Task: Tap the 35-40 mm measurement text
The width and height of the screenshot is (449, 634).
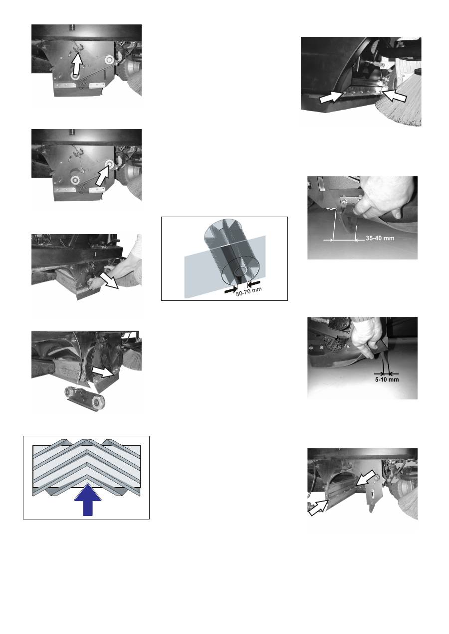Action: tap(380, 238)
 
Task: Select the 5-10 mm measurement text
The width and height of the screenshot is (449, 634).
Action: tap(387, 380)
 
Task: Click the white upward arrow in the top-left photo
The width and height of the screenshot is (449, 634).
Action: tap(77, 64)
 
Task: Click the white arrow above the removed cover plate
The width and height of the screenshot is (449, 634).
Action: tap(103, 372)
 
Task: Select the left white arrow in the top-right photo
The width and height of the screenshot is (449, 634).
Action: tap(330, 98)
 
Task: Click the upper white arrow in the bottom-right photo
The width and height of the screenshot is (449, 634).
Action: tap(366, 478)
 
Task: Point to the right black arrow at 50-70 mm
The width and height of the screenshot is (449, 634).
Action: tap(254, 283)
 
